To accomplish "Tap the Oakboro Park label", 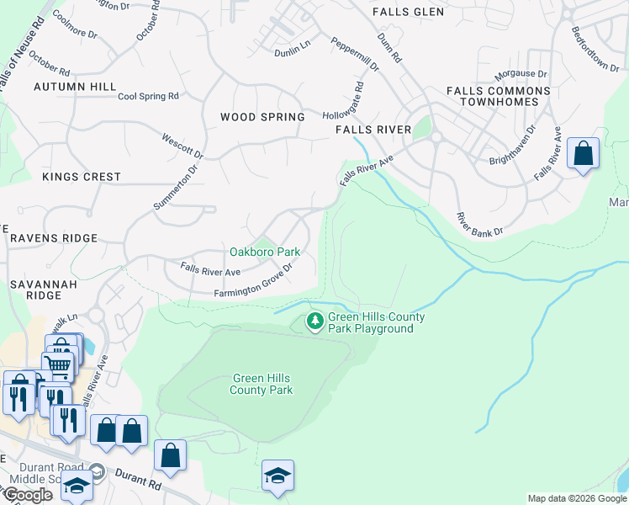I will [x=265, y=252].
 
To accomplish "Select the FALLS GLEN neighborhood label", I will [x=408, y=12].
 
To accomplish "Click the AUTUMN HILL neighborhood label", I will [x=75, y=87].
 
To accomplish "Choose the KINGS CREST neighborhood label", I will [x=82, y=177].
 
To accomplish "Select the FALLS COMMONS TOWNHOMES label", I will [x=498, y=96].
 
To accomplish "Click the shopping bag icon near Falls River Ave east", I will [x=583, y=154].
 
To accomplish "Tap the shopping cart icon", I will [x=58, y=365].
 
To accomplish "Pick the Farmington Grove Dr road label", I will [x=252, y=282].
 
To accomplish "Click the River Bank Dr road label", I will [x=479, y=224].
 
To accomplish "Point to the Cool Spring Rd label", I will [x=148, y=96].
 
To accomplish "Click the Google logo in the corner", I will [x=28, y=495].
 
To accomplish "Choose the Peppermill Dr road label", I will [x=355, y=52].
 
